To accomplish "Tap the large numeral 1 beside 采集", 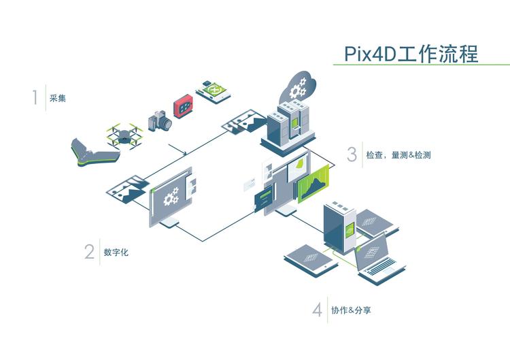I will coord(34,97).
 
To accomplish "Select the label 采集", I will coord(58,98).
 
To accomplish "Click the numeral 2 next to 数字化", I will coord(89,252).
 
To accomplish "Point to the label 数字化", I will coord(116,252).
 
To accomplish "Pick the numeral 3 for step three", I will coord(352,154).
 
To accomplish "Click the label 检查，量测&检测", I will coord(398,155).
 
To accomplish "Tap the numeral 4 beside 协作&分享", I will coord(318,310).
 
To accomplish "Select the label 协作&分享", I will coord(351,310).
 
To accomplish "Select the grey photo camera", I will coord(160,121).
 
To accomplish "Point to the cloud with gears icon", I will coord(296,87).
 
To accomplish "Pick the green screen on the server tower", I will coord(349,227).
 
